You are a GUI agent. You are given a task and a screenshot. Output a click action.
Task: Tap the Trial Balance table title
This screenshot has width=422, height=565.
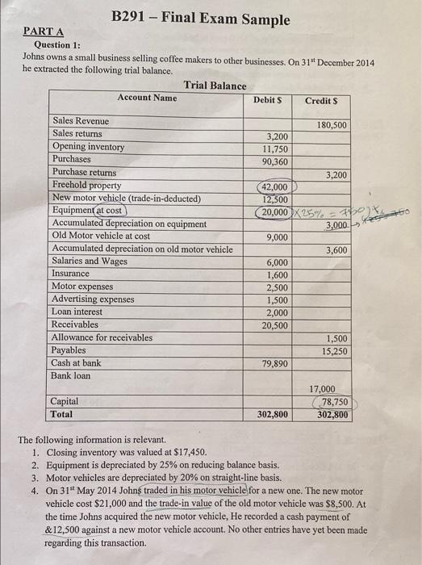point(215,85)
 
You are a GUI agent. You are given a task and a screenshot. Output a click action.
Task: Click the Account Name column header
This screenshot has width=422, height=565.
point(147,98)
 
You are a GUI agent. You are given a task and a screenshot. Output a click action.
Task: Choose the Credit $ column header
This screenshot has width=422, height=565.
point(322,100)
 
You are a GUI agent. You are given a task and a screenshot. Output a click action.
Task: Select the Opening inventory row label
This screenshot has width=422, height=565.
point(89,147)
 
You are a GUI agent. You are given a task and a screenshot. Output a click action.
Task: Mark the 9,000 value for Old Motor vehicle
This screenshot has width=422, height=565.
point(277,237)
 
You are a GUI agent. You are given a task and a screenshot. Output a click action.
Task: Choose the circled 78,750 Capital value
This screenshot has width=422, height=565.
point(333,401)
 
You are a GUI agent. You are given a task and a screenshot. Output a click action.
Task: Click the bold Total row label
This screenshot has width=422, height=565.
point(61,414)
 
